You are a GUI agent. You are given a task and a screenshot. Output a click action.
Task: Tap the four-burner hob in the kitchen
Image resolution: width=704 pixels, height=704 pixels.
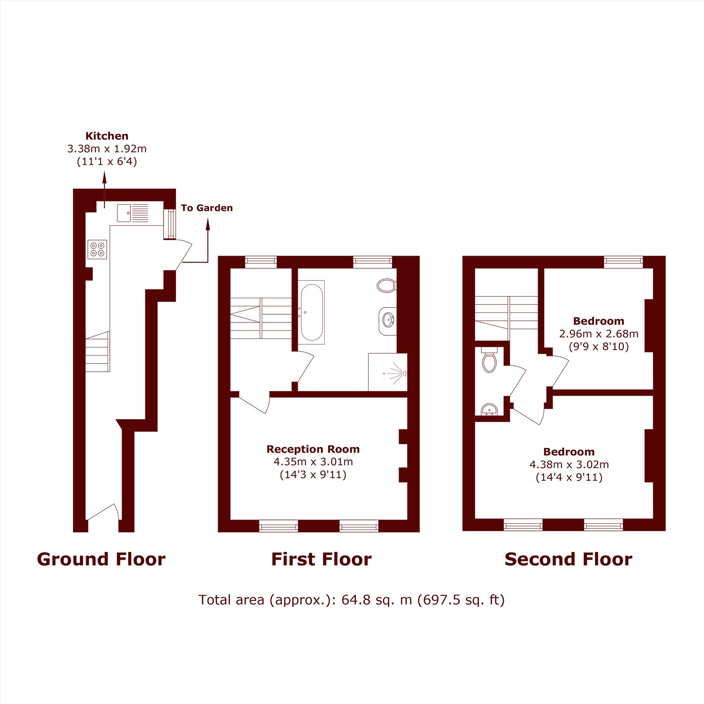point(97,249)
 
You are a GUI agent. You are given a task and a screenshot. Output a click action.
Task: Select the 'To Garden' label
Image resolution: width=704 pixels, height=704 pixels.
point(207,208)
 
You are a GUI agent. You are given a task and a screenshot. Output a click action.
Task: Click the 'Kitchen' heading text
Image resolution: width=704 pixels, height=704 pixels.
point(107,136)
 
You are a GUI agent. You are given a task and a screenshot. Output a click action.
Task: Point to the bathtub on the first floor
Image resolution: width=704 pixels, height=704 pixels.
point(311,312)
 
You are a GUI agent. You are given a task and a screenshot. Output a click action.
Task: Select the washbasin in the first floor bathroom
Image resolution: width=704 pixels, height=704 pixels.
point(388,321)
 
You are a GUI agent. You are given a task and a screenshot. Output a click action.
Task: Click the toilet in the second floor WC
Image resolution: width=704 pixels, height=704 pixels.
point(489,360)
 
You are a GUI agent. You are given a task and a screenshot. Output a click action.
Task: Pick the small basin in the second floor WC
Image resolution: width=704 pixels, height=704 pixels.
point(489,410)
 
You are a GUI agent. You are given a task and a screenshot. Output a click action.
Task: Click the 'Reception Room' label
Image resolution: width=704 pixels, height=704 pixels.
point(313,449)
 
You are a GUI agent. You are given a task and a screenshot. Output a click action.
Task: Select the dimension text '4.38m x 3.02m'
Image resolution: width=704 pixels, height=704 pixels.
point(569,465)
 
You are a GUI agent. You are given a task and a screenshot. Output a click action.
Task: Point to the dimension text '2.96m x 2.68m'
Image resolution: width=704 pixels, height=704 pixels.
point(599,333)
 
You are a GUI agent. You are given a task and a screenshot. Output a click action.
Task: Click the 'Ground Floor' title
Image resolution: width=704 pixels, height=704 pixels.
point(101,559)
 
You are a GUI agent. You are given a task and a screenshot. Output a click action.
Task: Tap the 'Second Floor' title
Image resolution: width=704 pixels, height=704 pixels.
point(568,559)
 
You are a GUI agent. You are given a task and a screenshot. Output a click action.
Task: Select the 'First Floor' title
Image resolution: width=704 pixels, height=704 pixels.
point(321,559)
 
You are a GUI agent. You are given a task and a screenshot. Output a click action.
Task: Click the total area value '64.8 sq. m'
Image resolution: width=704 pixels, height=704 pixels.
point(376,600)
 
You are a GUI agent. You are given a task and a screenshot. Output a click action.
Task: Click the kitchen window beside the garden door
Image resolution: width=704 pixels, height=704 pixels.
point(169,224)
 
